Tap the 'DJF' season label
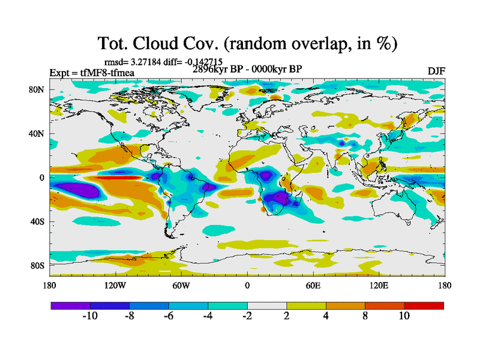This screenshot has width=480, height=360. pos(436,71)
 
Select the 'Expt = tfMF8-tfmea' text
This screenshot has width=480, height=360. pos(91,73)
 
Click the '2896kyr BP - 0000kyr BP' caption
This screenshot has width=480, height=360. pos(247,69)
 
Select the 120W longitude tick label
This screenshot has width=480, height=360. pos(115,285)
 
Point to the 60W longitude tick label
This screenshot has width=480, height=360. pos(181,285)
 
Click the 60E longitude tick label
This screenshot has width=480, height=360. pos(313,285)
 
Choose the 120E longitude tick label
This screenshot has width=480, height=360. pos(379,285)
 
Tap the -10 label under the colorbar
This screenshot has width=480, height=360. pos(89,316)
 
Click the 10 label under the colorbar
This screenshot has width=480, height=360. pos(404,316)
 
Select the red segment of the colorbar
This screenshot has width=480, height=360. pos(424,305)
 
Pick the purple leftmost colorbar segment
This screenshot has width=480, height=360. pos(70,305)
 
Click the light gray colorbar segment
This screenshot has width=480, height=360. pos(267,305)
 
